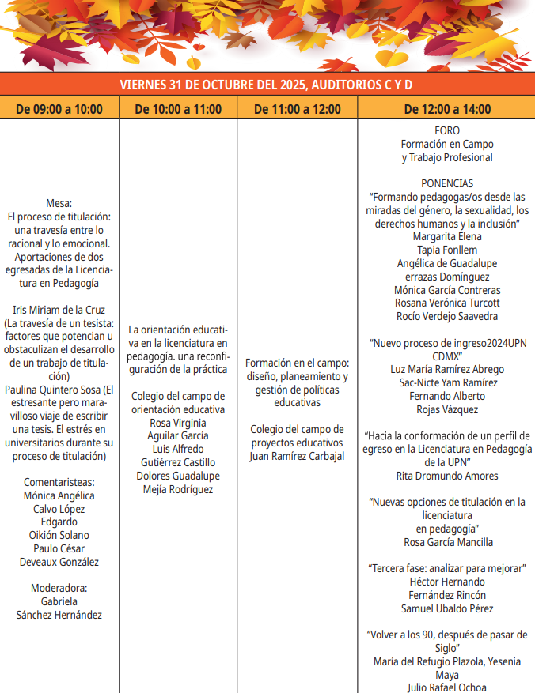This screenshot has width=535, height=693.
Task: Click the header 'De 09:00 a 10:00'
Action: click(x=59, y=109)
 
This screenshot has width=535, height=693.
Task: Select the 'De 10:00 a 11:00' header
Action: click(x=178, y=109)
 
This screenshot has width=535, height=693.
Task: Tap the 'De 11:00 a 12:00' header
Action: click(x=298, y=109)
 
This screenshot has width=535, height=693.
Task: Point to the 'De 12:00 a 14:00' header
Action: click(x=447, y=109)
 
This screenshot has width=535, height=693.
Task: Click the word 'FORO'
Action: click(x=447, y=131)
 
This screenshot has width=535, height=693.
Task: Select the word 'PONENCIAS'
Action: click(x=447, y=183)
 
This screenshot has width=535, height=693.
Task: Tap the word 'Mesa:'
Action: click(x=59, y=203)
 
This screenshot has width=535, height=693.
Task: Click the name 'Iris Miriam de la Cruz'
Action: click(x=59, y=310)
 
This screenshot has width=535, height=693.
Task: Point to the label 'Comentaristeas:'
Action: click(x=59, y=482)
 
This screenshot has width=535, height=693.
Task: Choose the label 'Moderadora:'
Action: click(x=59, y=588)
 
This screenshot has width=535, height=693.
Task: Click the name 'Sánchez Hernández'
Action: click(x=59, y=615)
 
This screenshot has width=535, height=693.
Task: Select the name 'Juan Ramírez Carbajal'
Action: click(x=297, y=456)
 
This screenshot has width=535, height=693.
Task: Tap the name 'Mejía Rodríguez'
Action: click(x=178, y=489)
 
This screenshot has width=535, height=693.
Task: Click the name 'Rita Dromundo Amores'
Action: click(x=447, y=476)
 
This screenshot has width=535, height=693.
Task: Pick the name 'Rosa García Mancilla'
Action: click(x=447, y=542)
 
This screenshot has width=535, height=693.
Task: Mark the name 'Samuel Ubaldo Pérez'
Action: click(x=447, y=608)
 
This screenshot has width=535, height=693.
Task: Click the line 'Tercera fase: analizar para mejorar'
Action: click(x=447, y=568)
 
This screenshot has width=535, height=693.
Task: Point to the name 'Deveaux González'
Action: click(x=59, y=562)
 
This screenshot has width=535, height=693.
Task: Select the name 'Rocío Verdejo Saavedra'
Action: click(x=447, y=316)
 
